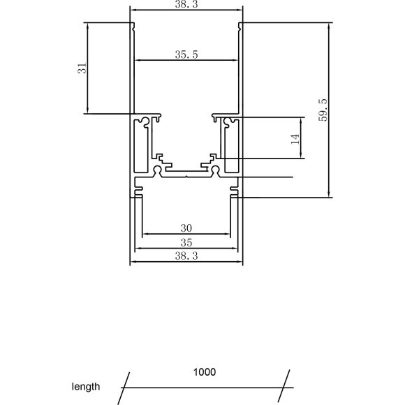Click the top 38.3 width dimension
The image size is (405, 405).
tap(186, 4)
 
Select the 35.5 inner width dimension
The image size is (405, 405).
tap(186, 54)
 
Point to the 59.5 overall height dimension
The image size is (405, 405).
tap(322, 110)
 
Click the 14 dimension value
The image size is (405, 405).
tap(295, 138)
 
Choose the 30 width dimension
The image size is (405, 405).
tap(186, 228)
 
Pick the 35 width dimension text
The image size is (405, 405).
tap(186, 242)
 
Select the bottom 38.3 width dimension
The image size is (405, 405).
tap(186, 256)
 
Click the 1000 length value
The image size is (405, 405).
tap(205, 371)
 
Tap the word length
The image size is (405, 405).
tap(86, 386)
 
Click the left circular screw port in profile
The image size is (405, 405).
tap(157, 170)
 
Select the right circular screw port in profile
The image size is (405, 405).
tap(216, 170)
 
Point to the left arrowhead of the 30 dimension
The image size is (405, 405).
tap(145, 235)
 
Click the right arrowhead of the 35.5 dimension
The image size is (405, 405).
tap(237, 61)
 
